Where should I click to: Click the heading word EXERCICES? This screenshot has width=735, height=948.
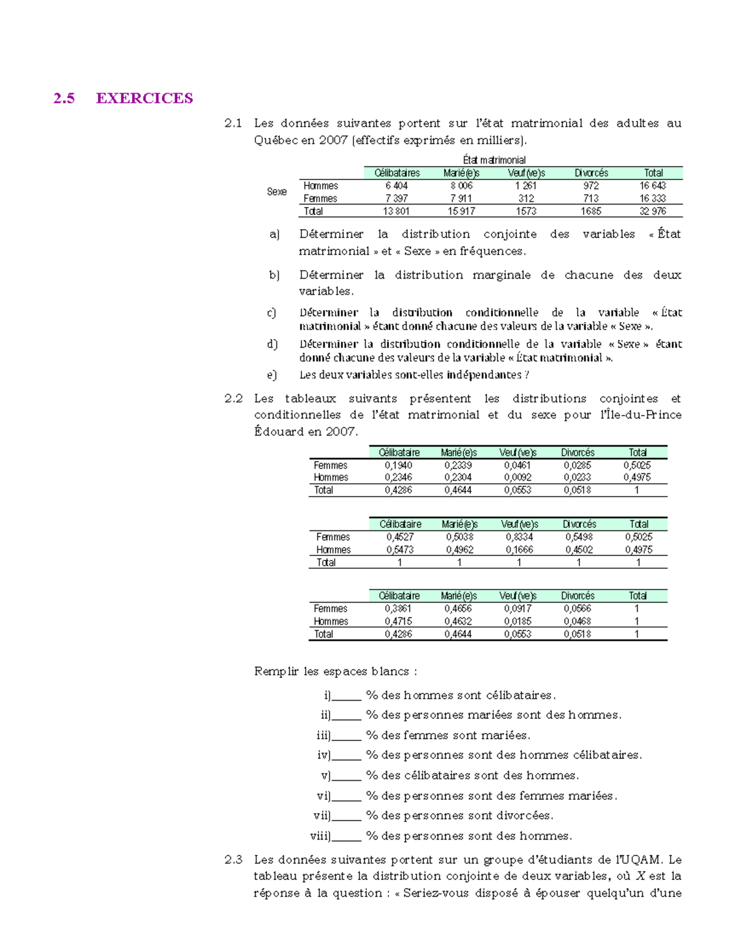click(x=145, y=99)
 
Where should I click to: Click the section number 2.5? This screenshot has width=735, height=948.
click(x=64, y=99)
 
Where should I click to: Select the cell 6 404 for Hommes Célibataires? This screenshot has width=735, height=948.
click(x=396, y=186)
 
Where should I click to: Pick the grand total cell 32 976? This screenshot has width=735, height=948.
click(x=652, y=211)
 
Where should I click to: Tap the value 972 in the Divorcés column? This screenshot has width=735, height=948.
click(x=591, y=186)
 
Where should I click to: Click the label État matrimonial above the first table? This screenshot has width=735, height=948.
click(x=494, y=160)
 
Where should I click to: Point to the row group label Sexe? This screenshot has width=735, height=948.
click(x=277, y=192)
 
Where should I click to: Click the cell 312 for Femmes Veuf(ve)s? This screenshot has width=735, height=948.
click(x=526, y=198)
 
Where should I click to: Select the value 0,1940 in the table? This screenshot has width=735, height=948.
click(x=398, y=465)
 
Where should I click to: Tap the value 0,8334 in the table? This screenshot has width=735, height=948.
click(x=519, y=537)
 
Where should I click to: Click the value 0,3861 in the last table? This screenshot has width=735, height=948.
click(x=398, y=609)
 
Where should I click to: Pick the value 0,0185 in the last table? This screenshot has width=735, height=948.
click(x=518, y=622)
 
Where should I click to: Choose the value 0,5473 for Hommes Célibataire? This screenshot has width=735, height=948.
click(x=399, y=550)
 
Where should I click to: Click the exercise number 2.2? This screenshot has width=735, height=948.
click(x=233, y=399)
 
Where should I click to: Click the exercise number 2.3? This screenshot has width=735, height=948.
click(x=233, y=860)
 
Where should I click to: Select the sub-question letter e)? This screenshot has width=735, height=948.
click(x=272, y=375)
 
